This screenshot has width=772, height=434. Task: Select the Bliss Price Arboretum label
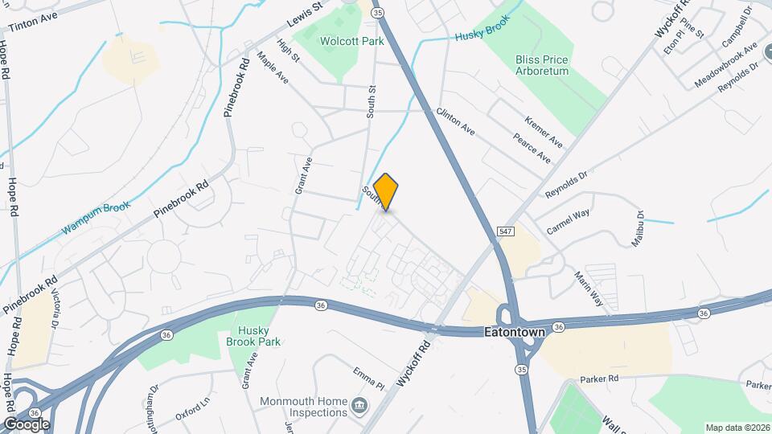[x=542, y=65]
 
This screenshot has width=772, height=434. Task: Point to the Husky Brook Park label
[x=257, y=336]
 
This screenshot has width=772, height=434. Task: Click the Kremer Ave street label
[x=544, y=130]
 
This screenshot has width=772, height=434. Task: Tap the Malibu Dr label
[x=639, y=229]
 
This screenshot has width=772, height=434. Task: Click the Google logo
[x=26, y=424]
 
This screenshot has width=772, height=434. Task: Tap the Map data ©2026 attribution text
[x=737, y=428]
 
